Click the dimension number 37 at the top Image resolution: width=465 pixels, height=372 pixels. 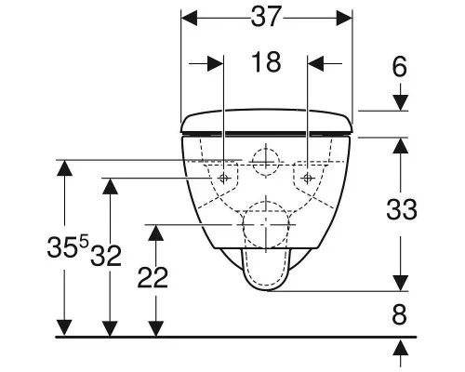coord(266,17)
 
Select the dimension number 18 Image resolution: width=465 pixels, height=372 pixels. coord(266,62)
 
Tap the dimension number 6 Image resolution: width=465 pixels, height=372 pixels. coord(400,67)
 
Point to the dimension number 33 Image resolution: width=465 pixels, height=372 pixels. coord(402,209)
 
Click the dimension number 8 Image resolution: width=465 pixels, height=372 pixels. coord(399,315)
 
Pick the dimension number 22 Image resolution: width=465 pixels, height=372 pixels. coord(153,277)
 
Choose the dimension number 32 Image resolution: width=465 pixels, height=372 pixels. coord(106,256)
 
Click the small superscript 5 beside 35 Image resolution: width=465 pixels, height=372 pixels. coord(84,242)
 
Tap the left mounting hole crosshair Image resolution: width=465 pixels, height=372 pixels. coord(223,178)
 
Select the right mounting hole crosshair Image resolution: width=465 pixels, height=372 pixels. coord(307,178)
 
